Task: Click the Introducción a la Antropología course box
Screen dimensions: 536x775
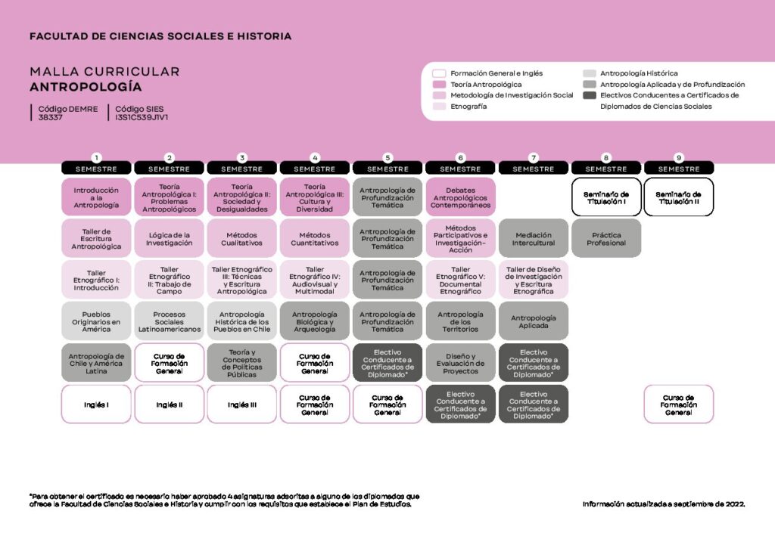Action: click(96, 197)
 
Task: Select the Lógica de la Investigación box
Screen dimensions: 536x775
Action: click(169, 239)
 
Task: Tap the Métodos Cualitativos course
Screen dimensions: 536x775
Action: click(241, 239)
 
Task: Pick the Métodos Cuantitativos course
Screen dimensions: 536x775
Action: click(314, 239)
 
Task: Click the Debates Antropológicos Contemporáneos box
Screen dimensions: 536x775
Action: click(460, 197)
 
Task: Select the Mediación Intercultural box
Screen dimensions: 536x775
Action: click(533, 239)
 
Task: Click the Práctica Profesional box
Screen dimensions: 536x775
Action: click(606, 239)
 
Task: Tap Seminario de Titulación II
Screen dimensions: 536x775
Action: click(678, 197)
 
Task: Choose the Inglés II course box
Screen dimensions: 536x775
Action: click(169, 404)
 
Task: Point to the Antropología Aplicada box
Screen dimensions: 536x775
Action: click(533, 321)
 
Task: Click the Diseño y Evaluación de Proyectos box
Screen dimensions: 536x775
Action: click(460, 363)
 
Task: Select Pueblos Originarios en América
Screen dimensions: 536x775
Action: click(96, 321)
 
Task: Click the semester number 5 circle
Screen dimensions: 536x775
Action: click(387, 157)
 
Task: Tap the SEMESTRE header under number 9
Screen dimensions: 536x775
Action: click(678, 169)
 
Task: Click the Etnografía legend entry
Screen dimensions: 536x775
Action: click(468, 107)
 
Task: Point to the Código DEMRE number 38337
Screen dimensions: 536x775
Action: click(51, 118)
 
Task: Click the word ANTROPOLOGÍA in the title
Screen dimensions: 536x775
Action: click(86, 86)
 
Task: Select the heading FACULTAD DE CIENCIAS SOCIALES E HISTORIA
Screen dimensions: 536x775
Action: click(160, 36)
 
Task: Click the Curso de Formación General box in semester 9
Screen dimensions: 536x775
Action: click(678, 404)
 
